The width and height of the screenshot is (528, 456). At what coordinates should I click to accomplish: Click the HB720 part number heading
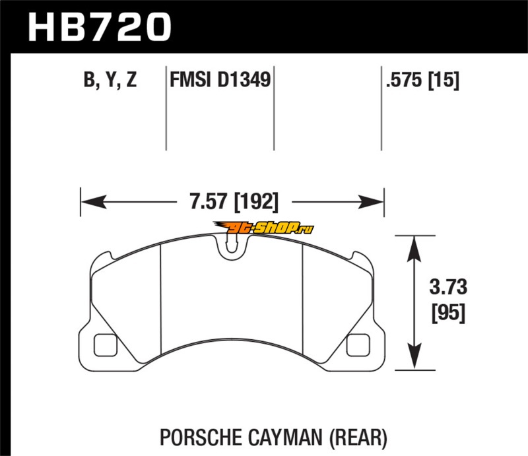pyautogui.click(x=100, y=27)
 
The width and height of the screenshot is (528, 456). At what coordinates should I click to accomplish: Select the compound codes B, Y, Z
pyautogui.click(x=110, y=80)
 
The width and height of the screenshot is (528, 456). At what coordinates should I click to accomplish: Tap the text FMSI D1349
pyautogui.click(x=220, y=80)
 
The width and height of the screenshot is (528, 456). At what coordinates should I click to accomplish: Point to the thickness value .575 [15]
pyautogui.click(x=422, y=81)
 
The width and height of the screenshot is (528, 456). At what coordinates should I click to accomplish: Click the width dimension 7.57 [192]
pyautogui.click(x=234, y=202)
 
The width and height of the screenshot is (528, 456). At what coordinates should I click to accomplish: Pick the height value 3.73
pyautogui.click(x=448, y=287)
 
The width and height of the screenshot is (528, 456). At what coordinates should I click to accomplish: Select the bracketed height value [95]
pyautogui.click(x=448, y=313)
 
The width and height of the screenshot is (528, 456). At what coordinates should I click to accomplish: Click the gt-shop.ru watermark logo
pyautogui.click(x=263, y=228)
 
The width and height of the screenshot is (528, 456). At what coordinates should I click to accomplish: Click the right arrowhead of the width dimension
pyautogui.click(x=371, y=202)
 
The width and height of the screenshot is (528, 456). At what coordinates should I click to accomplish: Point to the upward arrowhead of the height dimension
pyautogui.click(x=414, y=249)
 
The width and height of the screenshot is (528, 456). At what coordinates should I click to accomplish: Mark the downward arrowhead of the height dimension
pyautogui.click(x=414, y=356)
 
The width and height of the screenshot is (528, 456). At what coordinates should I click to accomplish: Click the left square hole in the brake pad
pyautogui.click(x=106, y=345)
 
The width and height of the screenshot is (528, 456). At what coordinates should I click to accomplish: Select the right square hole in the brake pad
pyautogui.click(x=358, y=345)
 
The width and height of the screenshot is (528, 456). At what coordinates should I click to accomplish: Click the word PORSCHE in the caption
pyautogui.click(x=201, y=438)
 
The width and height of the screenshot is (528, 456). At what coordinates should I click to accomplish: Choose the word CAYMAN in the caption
pyautogui.click(x=286, y=438)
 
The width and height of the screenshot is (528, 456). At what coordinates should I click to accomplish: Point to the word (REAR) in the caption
pyautogui.click(x=358, y=438)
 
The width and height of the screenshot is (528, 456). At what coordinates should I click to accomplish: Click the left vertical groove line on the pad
pyautogui.click(x=161, y=299)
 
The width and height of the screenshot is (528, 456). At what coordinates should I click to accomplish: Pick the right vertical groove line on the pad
pyautogui.click(x=303, y=299)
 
